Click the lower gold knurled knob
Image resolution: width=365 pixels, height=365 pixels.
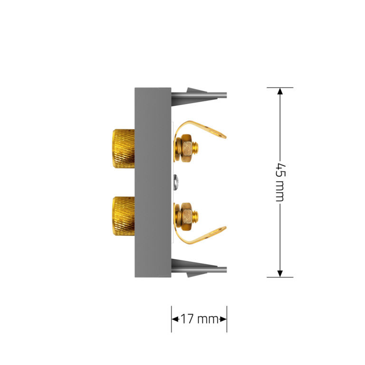click(124, 215)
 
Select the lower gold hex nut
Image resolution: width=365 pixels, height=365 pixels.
click(188, 216)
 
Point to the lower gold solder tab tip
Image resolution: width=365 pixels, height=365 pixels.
click(221, 231)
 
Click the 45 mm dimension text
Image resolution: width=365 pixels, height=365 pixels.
click(280, 182)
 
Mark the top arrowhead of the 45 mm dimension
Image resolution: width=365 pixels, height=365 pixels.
click(280, 92)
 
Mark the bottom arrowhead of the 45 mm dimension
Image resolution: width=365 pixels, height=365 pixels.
click(280, 273)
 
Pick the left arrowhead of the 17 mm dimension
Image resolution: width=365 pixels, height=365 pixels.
click(174, 319)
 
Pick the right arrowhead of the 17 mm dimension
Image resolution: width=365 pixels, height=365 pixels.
click(223, 319)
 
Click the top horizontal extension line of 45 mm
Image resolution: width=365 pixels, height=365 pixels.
click(280, 87)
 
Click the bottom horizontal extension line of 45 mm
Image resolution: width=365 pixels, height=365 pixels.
click(280, 277)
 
